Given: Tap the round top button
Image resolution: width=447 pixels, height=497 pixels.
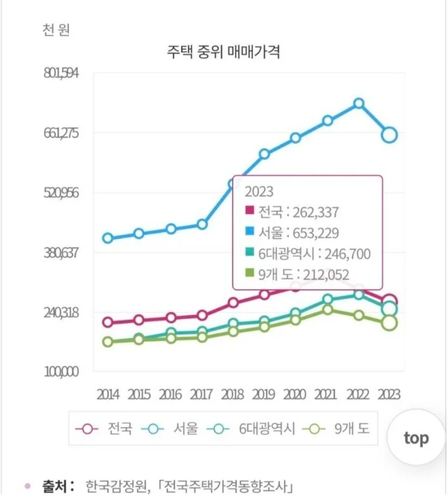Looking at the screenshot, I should click(x=416, y=438).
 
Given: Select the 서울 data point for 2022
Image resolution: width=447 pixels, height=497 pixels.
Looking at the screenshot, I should click(x=359, y=103).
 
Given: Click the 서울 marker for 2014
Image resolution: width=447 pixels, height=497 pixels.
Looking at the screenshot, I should click(x=108, y=238).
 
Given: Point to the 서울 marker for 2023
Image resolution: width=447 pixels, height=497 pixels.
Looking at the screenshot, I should click(x=389, y=134).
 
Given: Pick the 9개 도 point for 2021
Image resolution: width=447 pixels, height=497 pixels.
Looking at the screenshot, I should click(x=328, y=310).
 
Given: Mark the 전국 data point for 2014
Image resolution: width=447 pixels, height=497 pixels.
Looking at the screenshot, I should click(x=108, y=322).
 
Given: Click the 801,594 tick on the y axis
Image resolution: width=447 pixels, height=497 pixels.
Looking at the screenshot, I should click(x=61, y=73).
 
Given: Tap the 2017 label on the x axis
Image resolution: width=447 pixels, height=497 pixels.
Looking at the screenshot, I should click(x=202, y=394).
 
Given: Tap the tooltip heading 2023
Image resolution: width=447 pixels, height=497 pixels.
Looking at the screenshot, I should click(x=259, y=191).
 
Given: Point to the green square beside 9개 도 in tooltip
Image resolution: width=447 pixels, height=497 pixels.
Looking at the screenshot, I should click(x=250, y=274).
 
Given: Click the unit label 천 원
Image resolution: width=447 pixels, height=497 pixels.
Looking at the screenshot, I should click(x=56, y=29).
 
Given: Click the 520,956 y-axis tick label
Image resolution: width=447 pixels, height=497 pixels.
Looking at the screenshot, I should click(x=61, y=193).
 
